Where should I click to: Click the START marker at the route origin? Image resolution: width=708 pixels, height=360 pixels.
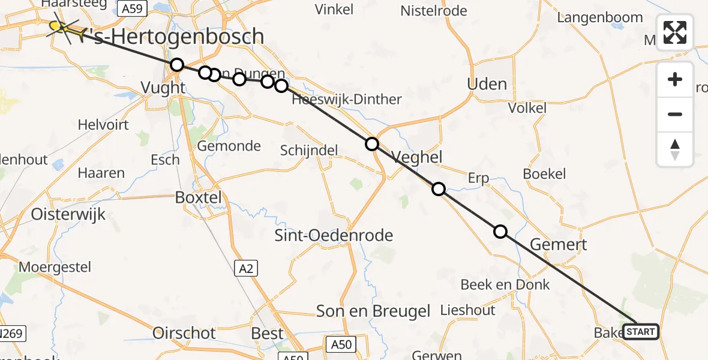641,331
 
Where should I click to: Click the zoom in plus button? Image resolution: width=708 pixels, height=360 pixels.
675,79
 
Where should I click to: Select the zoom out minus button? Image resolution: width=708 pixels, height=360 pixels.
675,114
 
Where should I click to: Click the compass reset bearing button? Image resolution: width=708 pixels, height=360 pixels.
675,149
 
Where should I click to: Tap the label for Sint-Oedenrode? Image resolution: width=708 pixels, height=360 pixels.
334,235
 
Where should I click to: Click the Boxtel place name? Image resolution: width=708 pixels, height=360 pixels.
198,197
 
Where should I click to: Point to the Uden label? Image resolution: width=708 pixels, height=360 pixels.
487,84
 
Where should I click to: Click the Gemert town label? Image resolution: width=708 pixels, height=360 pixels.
559,244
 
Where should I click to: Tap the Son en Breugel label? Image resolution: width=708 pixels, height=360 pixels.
373,311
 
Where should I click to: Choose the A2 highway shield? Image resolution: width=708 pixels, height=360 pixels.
245,269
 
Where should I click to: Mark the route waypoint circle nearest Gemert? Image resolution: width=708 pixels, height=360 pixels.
500,232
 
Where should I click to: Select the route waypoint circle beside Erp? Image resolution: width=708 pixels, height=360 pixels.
439,189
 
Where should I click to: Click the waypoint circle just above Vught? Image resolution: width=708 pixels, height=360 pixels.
176,65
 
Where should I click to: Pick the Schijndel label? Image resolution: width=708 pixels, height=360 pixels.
309,151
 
